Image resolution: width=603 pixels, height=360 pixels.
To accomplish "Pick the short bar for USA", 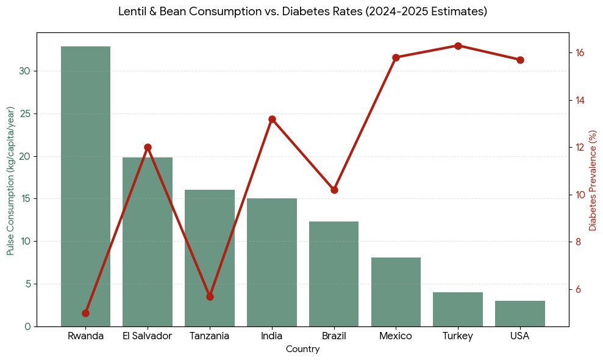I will point(520,314).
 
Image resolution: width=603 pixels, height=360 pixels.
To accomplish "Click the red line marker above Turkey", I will point(458,46).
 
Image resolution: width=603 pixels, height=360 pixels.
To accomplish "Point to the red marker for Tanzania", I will point(210,297).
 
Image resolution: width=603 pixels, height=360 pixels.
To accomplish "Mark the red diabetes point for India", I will point(272,119).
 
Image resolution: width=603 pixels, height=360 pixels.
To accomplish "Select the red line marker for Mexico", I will point(396,57).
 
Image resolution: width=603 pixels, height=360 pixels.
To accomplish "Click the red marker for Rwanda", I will point(85,313).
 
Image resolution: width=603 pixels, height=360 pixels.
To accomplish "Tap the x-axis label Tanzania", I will point(209,336).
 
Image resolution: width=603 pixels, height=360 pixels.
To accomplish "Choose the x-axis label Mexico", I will point(395,336).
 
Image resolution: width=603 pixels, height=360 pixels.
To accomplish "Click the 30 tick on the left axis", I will point(24,71).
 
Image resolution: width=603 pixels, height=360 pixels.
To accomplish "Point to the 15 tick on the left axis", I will point(24,199).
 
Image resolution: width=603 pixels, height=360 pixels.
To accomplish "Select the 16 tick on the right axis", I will point(579,52).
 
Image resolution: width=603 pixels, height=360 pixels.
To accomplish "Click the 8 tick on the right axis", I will point(579,242).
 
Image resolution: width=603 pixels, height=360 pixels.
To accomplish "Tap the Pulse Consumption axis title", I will point(10,180).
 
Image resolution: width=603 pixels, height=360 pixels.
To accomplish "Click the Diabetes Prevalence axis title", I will point(592,180).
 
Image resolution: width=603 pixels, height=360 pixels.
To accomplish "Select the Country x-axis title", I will point(302,350).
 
